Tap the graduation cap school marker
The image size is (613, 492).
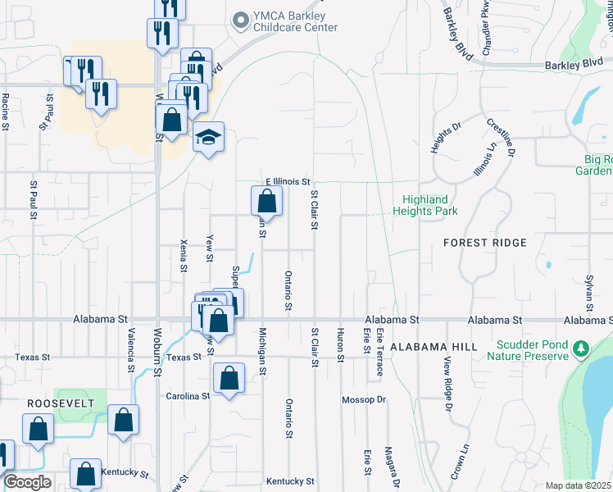(208, 137)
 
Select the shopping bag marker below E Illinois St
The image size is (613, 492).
(267, 200)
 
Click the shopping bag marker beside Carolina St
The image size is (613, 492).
(229, 379)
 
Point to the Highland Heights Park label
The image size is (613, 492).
(425, 205)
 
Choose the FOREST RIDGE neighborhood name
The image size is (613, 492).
(485, 244)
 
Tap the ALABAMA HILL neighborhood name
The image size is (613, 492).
(434, 348)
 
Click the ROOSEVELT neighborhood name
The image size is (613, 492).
(57, 404)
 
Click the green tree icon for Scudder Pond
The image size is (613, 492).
(582, 350)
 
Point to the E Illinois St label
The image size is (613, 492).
(287, 181)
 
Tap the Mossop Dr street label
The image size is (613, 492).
(363, 400)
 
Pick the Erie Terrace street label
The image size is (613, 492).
(380, 353)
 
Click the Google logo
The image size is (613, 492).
(27, 482)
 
